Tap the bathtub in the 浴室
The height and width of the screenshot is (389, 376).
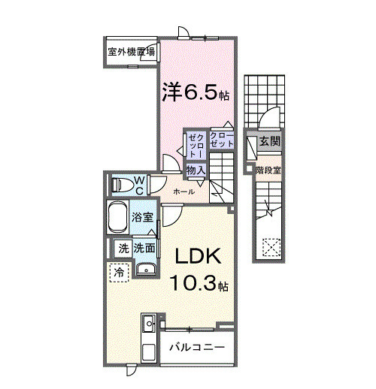point(117,217)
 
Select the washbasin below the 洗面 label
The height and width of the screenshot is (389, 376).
point(146,270)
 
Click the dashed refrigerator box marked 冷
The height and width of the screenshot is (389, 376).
point(120,273)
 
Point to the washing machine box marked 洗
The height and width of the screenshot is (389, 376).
point(123,249)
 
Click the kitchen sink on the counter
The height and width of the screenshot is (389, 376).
point(149,324)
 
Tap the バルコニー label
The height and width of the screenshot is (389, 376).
point(197,347)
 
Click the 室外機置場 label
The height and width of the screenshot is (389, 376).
point(132,52)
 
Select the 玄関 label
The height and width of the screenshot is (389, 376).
point(269,142)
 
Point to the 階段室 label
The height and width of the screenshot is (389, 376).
point(268,170)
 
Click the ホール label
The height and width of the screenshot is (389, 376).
point(183,192)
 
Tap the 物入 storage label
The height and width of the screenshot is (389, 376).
point(196,170)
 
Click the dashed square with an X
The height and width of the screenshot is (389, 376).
point(271,247)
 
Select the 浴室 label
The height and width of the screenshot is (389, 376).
point(143,217)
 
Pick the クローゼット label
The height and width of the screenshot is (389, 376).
point(221,140)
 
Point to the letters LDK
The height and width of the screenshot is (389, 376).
point(199,256)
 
